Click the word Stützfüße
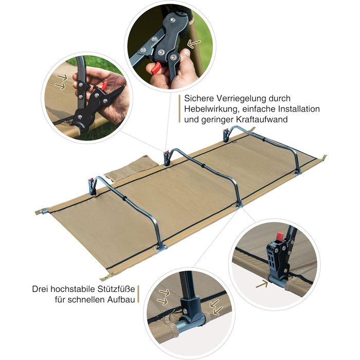pyautogui.click(x=116, y=289)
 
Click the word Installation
pyautogui.click(x=299, y=109)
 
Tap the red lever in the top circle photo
pyautogui.click(x=156, y=68)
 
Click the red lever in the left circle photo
pyautogui.click(x=104, y=86)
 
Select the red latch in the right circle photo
pyautogui.click(x=280, y=236)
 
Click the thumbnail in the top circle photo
pyautogui.click(x=186, y=52)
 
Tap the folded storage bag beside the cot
pyautogui.click(x=131, y=167)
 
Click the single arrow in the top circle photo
pyautogui.click(x=194, y=44)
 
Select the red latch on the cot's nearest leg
pyautogui.click(x=91, y=179)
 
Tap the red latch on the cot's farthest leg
pyautogui.click(x=227, y=131)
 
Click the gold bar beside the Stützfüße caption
pyautogui.click(x=138, y=294)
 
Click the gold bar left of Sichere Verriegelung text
pyautogui.click(x=179, y=109)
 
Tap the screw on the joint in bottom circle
pyautogui.click(x=185, y=311)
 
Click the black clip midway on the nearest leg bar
pyautogui.click(x=124, y=199)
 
